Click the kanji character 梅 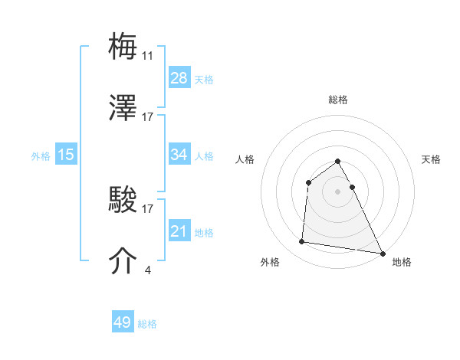(x=123, y=47)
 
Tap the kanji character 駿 (x=123, y=201)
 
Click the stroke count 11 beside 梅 (x=148, y=56)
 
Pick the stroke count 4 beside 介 (x=147, y=270)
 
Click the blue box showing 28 (x=179, y=78)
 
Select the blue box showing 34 (x=179, y=155)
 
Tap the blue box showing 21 (x=179, y=231)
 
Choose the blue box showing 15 (x=66, y=155)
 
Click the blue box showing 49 (x=123, y=322)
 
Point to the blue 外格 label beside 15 (x=41, y=156)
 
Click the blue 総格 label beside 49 (x=147, y=324)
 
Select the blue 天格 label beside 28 (x=204, y=80)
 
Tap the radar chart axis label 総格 (x=338, y=100)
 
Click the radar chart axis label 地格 (x=402, y=262)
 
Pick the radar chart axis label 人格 (x=245, y=159)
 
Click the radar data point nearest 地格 (x=382, y=253)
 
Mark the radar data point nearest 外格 (x=302, y=242)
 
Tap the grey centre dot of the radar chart (x=338, y=191)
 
